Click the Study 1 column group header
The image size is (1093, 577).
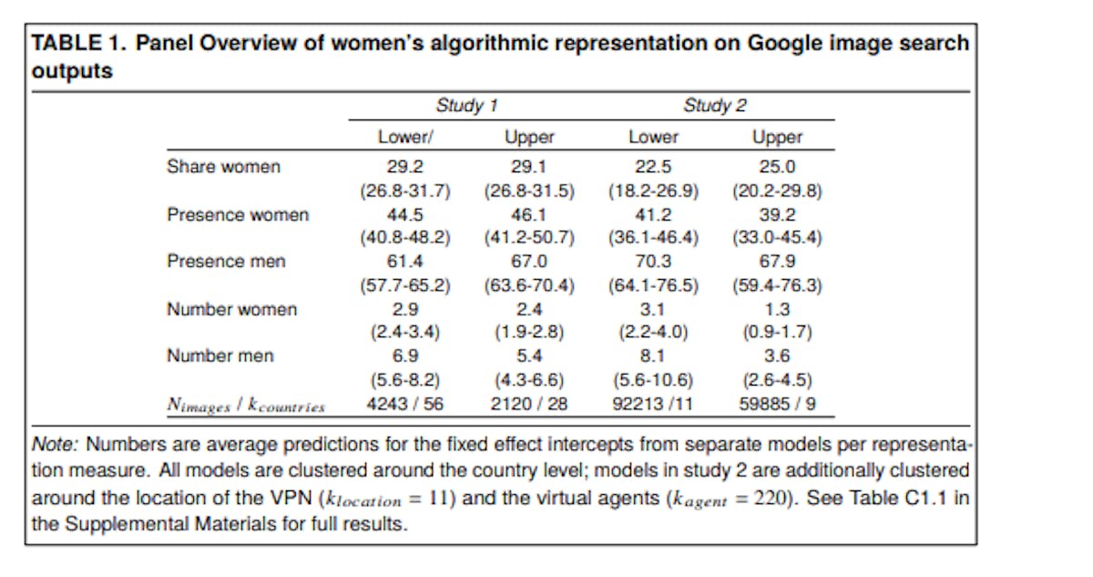click(465, 106)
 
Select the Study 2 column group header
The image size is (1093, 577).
click(714, 106)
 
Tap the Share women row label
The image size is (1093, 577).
click(223, 167)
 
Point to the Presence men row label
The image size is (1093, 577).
click(225, 262)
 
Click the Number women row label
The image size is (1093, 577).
click(231, 310)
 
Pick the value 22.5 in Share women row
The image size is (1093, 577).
click(653, 167)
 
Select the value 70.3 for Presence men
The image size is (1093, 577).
click(653, 262)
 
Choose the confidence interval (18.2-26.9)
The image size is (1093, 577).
click(653, 191)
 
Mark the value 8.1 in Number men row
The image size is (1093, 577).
click(653, 356)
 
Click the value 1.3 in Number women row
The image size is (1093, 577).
click(777, 310)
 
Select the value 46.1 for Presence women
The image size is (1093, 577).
click(528, 215)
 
